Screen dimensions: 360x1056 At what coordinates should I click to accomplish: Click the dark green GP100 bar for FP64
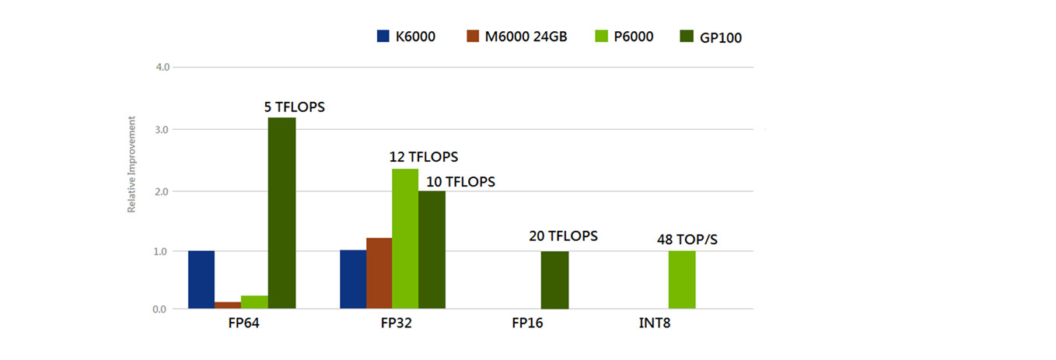[x=281, y=213]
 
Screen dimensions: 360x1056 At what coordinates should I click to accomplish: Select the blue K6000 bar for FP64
[x=201, y=280]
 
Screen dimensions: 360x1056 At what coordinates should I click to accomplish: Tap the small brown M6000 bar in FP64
[x=228, y=305]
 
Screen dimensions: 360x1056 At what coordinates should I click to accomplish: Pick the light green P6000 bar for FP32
[x=404, y=239]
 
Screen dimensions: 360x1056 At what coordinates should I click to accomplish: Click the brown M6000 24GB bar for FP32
[x=379, y=273]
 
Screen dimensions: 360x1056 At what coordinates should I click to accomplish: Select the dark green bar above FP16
[x=554, y=280]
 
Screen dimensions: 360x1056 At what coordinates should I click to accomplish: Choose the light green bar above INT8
[x=682, y=280]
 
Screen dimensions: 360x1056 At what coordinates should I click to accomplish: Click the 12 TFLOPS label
[x=424, y=157]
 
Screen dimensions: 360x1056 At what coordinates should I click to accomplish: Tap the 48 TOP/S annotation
[x=687, y=239]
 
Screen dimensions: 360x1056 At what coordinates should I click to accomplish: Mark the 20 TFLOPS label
[x=561, y=236]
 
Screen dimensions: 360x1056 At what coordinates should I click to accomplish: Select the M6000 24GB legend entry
[x=516, y=36]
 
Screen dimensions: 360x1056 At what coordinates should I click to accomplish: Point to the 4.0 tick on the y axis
[x=163, y=68]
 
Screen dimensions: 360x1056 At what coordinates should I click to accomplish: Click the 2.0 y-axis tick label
[x=163, y=190]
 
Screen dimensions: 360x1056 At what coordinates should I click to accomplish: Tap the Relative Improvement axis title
[x=132, y=165]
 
